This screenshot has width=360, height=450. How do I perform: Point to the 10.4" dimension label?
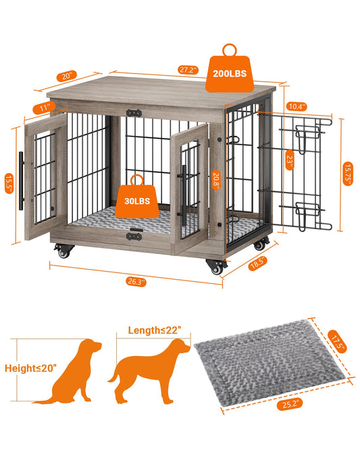click(296, 106)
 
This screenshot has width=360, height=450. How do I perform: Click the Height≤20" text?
click(31, 368)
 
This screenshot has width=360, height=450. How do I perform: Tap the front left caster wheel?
click(65, 253)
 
